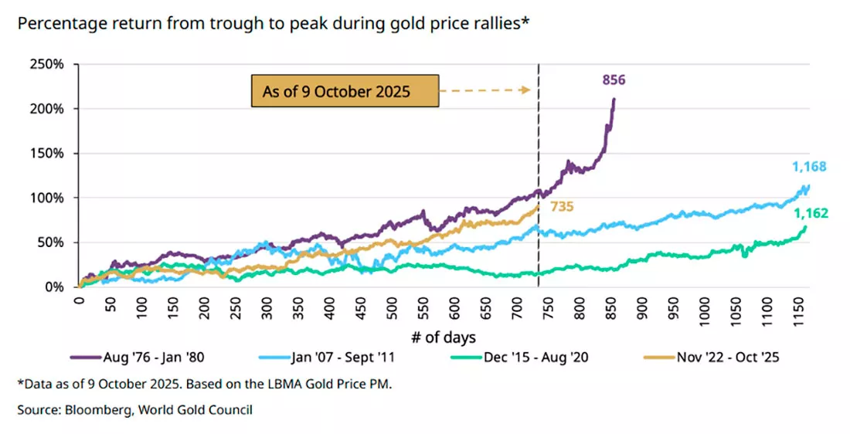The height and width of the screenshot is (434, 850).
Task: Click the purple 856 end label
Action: tap(614, 80)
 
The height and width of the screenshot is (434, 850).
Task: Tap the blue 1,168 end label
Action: tap(809, 166)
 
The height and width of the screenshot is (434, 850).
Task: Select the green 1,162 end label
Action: tap(811, 213)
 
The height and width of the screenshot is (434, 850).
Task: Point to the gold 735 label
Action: tap(562, 206)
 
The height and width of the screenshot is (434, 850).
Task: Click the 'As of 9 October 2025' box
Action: tap(345, 90)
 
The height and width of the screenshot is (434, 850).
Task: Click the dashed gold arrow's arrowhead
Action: tap(525, 90)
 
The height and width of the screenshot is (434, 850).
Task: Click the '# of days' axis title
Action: tap(444, 337)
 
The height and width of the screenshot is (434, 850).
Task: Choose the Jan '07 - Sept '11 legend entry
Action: tap(327, 358)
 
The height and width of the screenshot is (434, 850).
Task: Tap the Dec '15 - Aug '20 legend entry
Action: tap(519, 358)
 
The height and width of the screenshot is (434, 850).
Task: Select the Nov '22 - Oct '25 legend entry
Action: tap(712, 358)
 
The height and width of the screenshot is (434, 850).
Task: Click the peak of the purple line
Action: tap(614, 99)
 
